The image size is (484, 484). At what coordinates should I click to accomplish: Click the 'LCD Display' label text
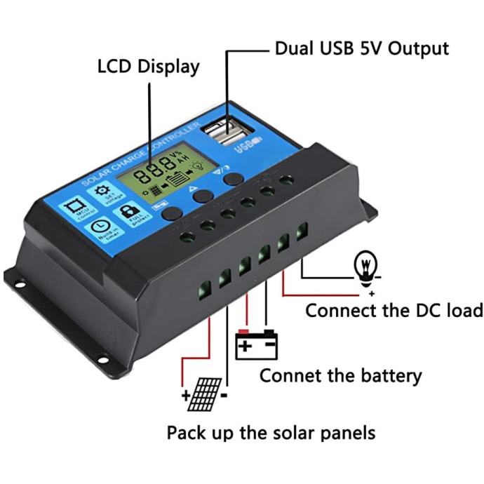click(148, 67)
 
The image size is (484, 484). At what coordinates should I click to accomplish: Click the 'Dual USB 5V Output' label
click(361, 49)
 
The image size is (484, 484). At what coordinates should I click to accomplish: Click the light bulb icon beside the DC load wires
click(365, 264)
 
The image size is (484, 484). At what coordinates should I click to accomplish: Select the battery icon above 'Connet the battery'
click(256, 344)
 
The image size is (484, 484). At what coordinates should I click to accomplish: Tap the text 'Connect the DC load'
click(394, 310)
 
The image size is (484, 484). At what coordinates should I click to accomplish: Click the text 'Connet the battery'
click(341, 375)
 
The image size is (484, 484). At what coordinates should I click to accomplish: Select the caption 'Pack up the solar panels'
click(271, 432)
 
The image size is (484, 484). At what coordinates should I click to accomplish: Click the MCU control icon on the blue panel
click(72, 208)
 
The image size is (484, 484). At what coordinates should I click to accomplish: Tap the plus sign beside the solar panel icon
click(186, 396)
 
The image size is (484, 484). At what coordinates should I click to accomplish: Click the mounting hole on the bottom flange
click(104, 360)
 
